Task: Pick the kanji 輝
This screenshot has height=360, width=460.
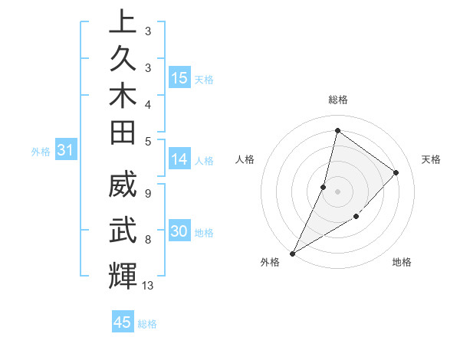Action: click(x=123, y=276)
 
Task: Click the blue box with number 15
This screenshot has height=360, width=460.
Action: click(x=179, y=78)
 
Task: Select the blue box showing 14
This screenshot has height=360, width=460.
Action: click(x=179, y=159)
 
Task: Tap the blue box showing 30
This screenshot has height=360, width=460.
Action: click(x=179, y=231)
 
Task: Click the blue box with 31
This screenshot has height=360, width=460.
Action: click(x=65, y=151)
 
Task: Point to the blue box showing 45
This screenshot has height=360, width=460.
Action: click(x=123, y=322)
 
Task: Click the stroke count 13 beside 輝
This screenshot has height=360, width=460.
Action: click(x=148, y=286)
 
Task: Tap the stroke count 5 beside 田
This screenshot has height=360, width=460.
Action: click(x=148, y=140)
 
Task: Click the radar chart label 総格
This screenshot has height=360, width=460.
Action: click(x=337, y=100)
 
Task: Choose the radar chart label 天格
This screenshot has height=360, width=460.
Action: click(x=431, y=159)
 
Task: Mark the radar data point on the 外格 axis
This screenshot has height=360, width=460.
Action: click(x=292, y=254)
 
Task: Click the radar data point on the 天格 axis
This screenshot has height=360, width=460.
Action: click(x=396, y=172)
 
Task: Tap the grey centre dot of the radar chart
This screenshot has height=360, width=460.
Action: click(x=337, y=191)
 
